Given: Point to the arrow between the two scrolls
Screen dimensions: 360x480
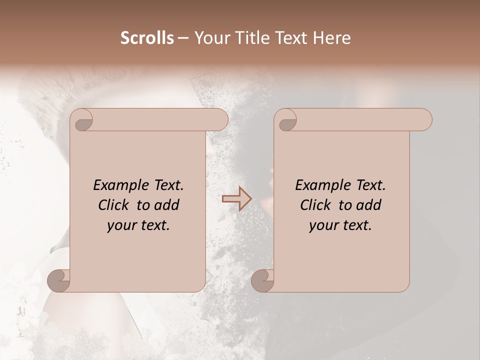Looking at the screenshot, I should [236, 199].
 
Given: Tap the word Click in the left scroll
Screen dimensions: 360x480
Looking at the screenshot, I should [114, 205].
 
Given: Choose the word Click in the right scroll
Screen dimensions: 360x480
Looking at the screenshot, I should [316, 205].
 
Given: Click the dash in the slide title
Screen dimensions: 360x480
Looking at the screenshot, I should [183, 38].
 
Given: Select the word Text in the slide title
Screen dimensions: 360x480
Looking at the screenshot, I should [288, 38].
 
